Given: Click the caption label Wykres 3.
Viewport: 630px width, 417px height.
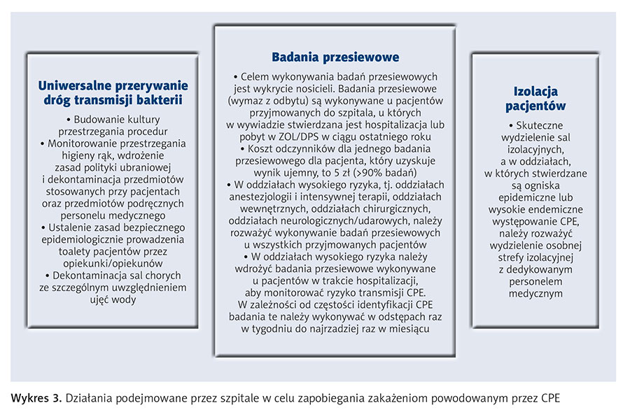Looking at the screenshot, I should pos(36,399).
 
